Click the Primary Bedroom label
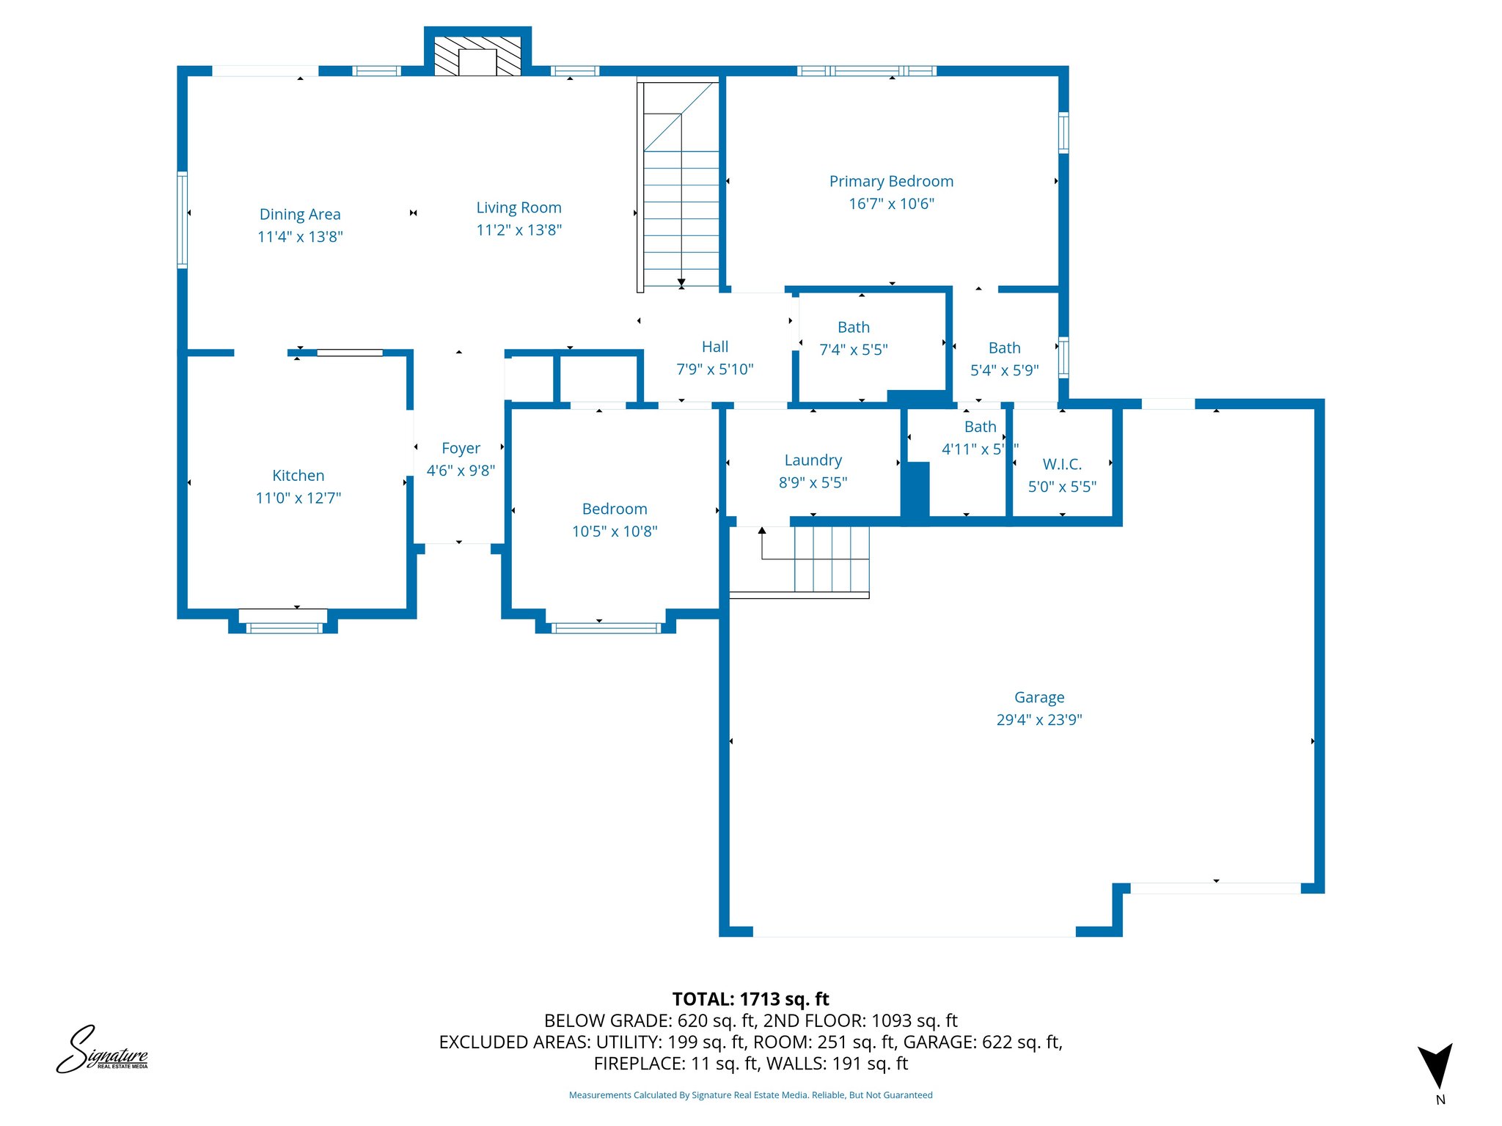pyautogui.click(x=891, y=181)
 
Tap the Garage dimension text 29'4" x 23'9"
pyautogui.click(x=1038, y=720)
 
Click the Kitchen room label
pyautogui.click(x=298, y=476)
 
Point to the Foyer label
pyautogui.click(x=461, y=448)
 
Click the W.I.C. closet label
pyautogui.click(x=1062, y=464)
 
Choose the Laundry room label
pyautogui.click(x=813, y=460)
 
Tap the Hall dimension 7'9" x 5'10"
pyautogui.click(x=714, y=369)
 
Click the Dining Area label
pyautogui.click(x=300, y=214)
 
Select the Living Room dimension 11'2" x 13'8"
pyautogui.click(x=519, y=230)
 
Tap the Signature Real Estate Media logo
pyautogui.click(x=102, y=1050)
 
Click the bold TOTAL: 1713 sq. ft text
pyautogui.click(x=750, y=999)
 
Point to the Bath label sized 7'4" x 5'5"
pyautogui.click(x=853, y=327)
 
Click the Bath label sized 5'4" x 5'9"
pyautogui.click(x=1004, y=347)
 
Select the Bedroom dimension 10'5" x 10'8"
pyautogui.click(x=615, y=531)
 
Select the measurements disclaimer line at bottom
pyautogui.click(x=750, y=1095)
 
